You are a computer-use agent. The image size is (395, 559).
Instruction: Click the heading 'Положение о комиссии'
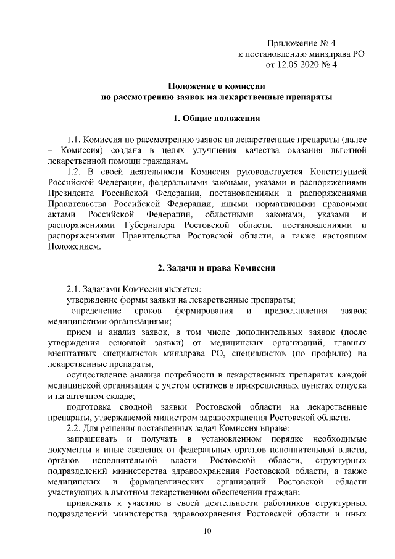point(217,86)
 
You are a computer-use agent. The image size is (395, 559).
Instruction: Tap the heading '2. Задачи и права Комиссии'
point(217,268)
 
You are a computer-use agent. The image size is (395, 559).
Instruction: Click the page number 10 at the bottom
point(208,531)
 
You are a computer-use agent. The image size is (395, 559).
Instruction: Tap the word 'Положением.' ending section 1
point(73,246)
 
